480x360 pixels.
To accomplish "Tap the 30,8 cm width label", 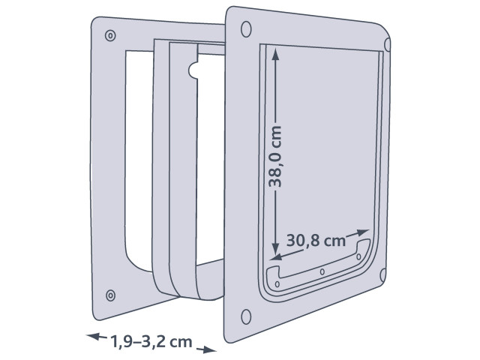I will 315,241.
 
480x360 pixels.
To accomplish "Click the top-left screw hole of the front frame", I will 244,28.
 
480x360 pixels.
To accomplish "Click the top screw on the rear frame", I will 111,35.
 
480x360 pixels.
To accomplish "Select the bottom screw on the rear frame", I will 111,294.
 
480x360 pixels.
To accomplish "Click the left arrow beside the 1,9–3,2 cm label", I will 92,337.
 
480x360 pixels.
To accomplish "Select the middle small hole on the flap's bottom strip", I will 321,271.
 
